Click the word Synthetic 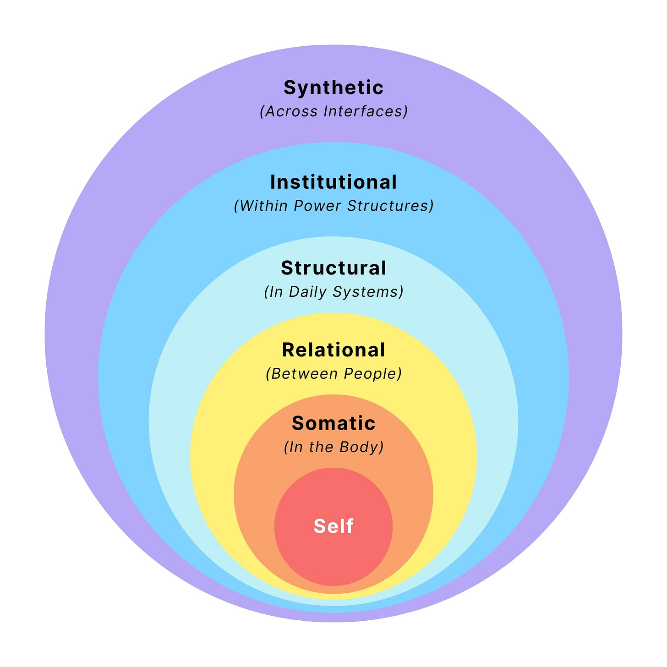click(333, 87)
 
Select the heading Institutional click(333, 182)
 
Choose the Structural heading click(333, 268)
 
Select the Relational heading click(333, 350)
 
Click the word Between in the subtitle click(302, 374)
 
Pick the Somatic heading click(333, 423)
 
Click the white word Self click(333, 526)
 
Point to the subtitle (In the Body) click(333, 447)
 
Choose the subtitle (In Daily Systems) click(333, 292)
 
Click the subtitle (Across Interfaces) click(333, 111)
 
